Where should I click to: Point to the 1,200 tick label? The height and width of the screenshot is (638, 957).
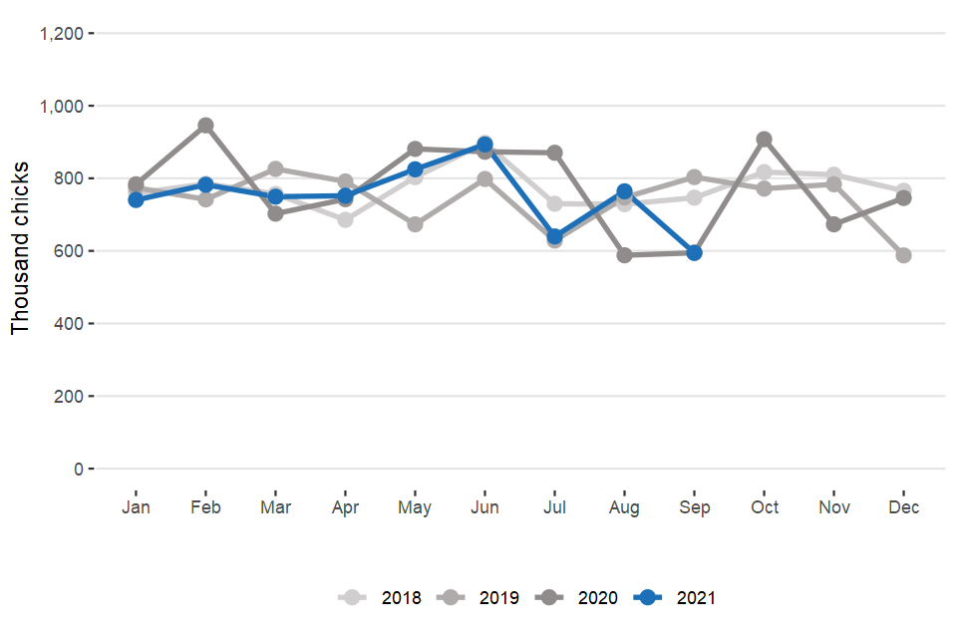pyautogui.click(x=61, y=34)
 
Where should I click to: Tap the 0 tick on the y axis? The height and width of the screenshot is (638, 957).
pyautogui.click(x=77, y=469)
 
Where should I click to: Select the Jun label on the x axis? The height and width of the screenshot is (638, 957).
pyautogui.click(x=484, y=508)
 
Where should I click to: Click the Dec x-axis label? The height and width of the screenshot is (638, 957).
pyautogui.click(x=903, y=508)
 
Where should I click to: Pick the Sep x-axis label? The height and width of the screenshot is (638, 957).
pyautogui.click(x=694, y=508)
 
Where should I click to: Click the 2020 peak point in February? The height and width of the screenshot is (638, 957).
pyautogui.click(x=205, y=126)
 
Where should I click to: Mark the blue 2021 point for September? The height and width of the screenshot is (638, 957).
pyautogui.click(x=694, y=253)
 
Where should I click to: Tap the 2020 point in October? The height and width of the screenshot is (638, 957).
pyautogui.click(x=764, y=140)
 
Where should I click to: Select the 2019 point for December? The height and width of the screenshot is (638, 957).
pyautogui.click(x=903, y=255)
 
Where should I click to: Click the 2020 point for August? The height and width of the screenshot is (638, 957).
pyautogui.click(x=624, y=255)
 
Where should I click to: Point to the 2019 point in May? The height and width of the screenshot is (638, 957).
pyautogui.click(x=415, y=224)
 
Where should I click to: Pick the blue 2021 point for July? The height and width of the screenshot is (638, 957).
pyautogui.click(x=554, y=237)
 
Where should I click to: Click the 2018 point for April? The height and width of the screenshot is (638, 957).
pyautogui.click(x=345, y=220)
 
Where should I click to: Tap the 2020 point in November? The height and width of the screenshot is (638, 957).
pyautogui.click(x=833, y=224)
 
